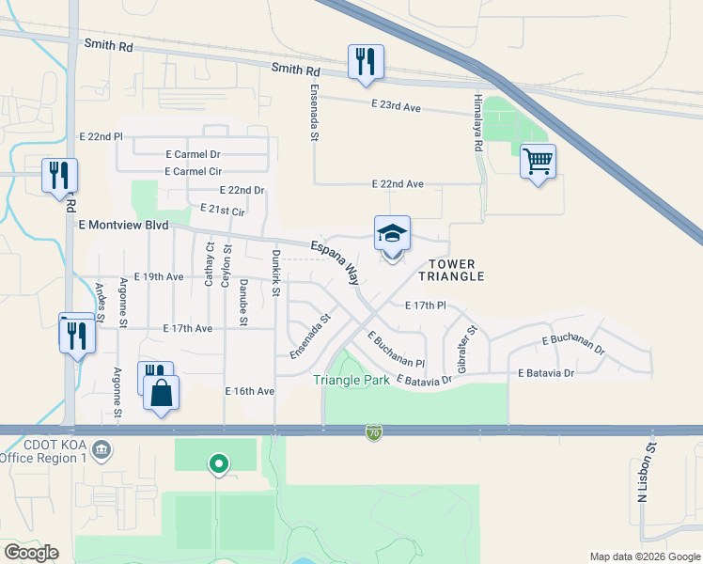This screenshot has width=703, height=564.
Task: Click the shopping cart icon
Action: point(538,161)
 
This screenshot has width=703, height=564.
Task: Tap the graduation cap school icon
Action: point(392,234)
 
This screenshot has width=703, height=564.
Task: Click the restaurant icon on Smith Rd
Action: point(364,62)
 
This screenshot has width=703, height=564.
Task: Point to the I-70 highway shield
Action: point(374,432)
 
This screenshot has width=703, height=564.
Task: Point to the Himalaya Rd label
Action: point(477,127)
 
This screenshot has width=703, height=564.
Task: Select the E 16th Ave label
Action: point(249,391)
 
